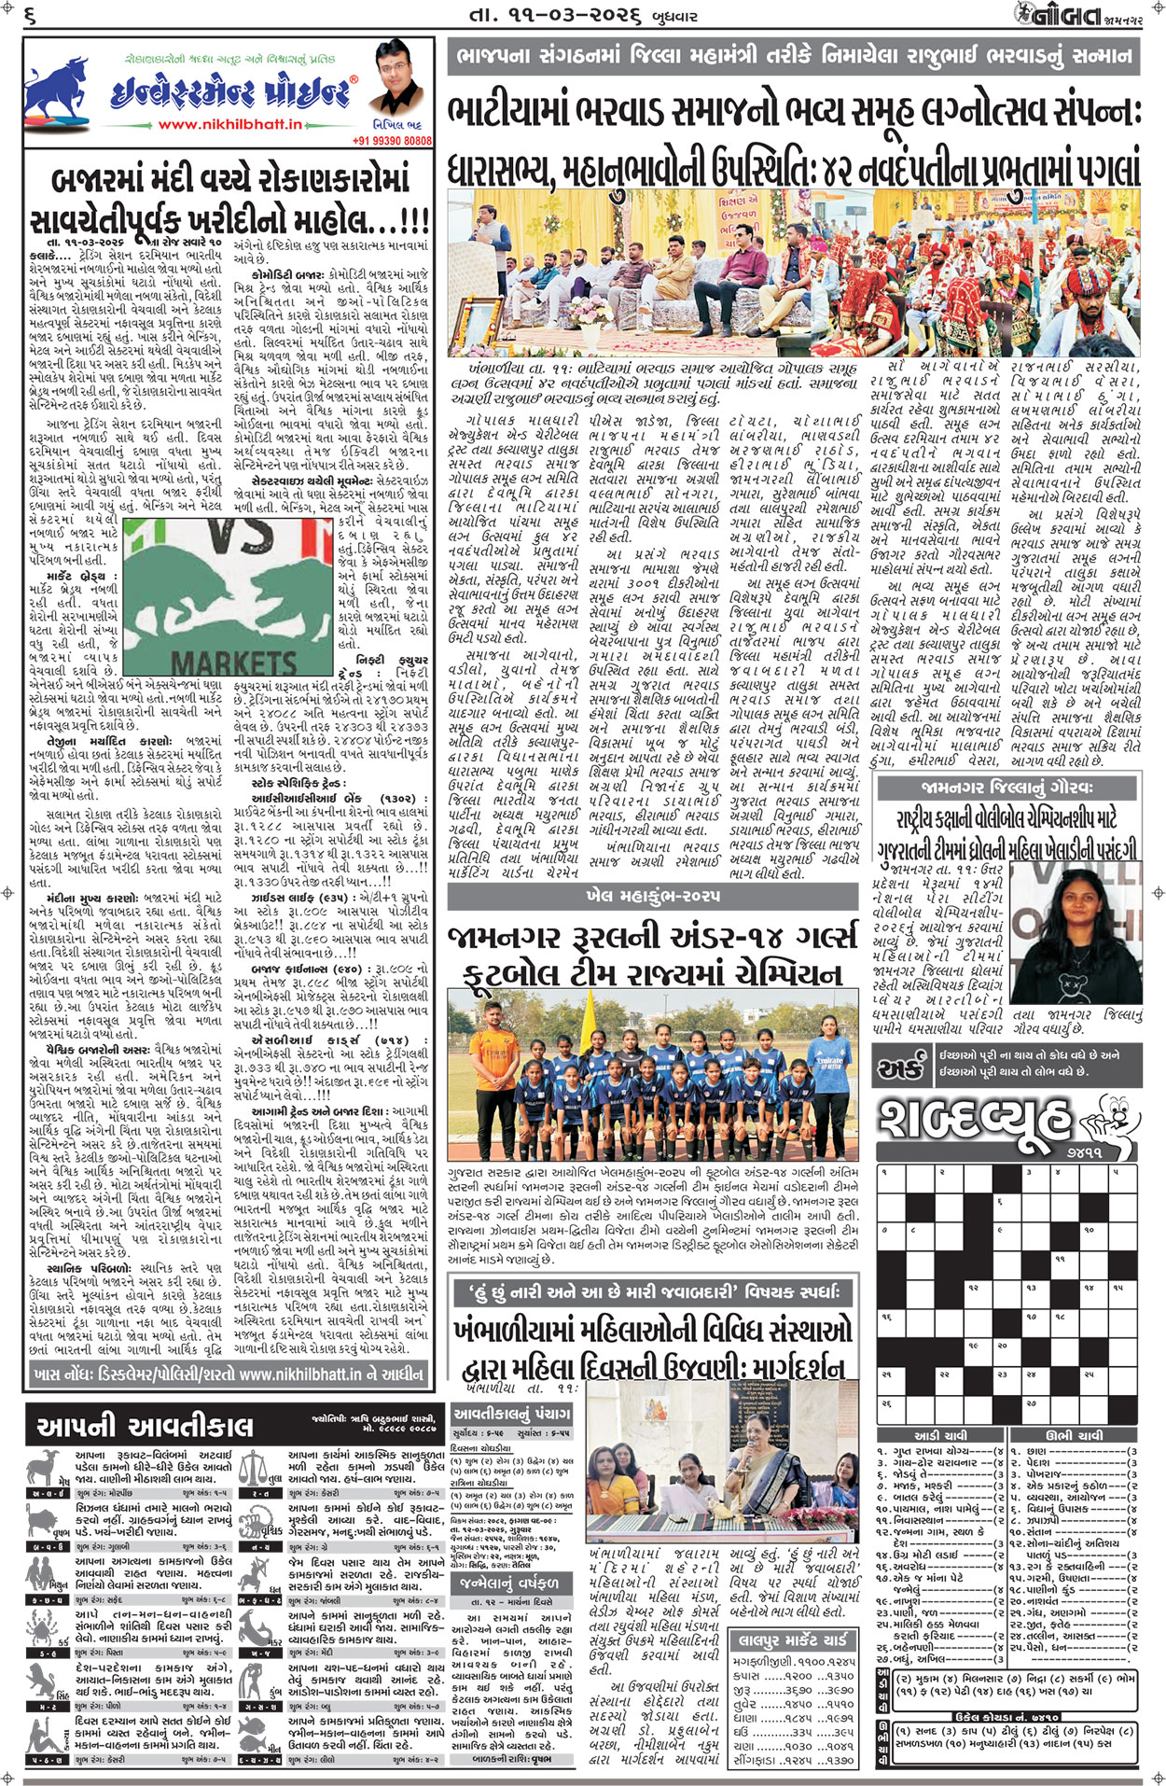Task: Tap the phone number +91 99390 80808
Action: click(392, 141)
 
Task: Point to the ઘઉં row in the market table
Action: click(793, 1732)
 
